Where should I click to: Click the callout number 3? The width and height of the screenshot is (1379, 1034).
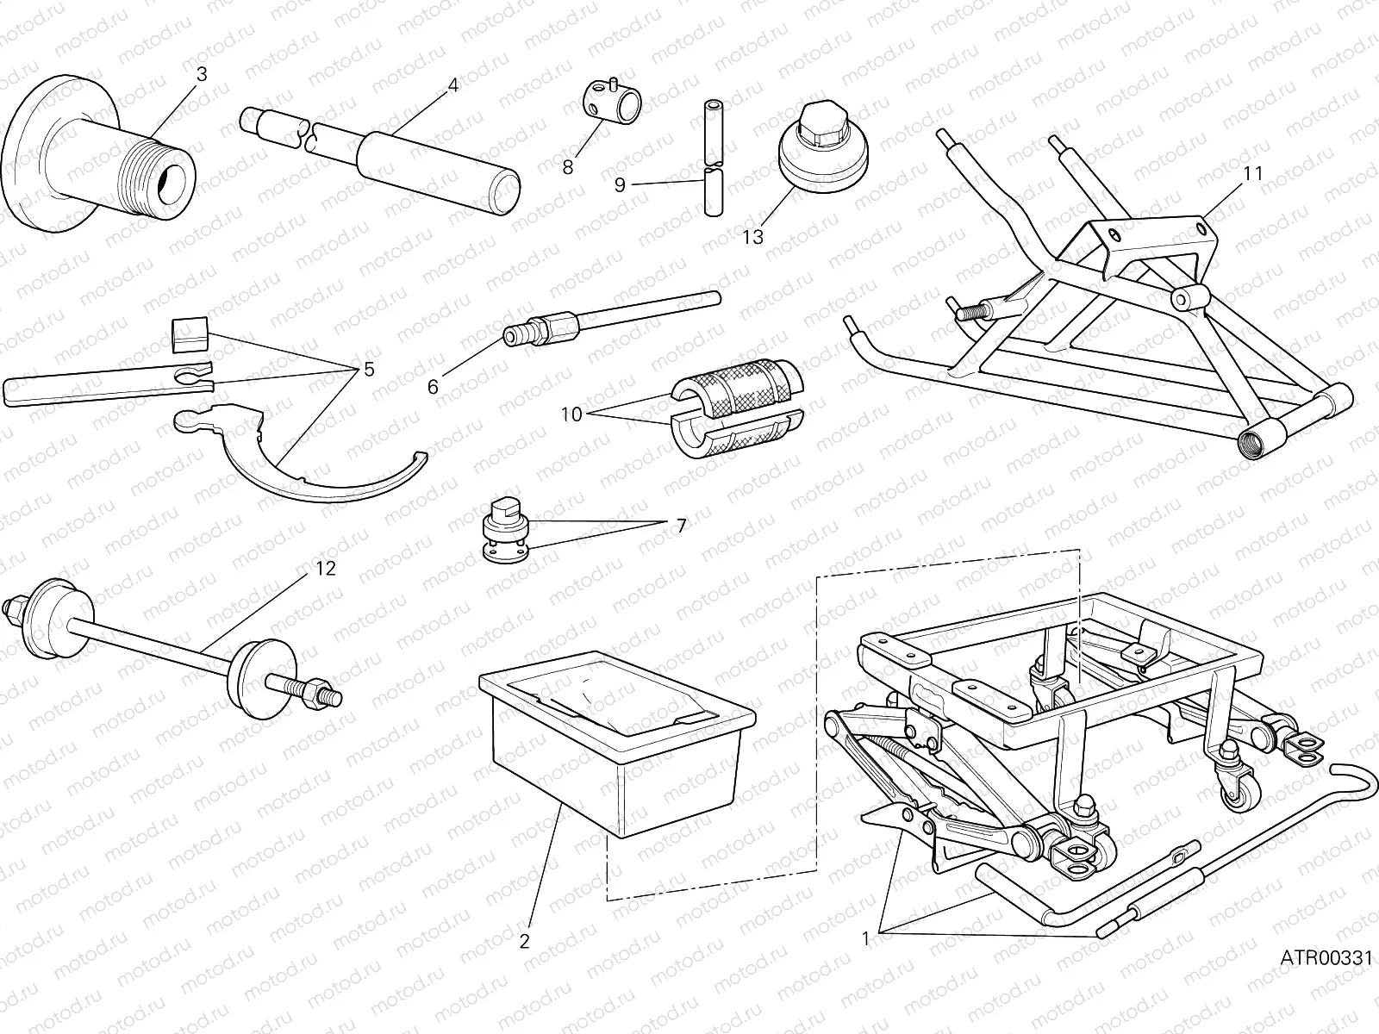pos(202,75)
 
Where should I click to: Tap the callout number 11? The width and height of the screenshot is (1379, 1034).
pos(1252,173)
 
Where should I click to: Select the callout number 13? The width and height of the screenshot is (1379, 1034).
pos(752,236)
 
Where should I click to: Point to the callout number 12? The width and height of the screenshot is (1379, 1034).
pos(326,569)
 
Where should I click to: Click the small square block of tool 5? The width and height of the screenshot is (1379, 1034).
pos(191,334)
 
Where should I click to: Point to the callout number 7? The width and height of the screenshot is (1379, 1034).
pos(681,525)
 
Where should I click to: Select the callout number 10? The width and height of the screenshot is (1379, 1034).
pos(571,414)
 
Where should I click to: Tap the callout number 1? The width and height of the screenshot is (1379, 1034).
pos(866,939)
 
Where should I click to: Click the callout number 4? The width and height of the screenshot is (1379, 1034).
pos(452,84)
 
